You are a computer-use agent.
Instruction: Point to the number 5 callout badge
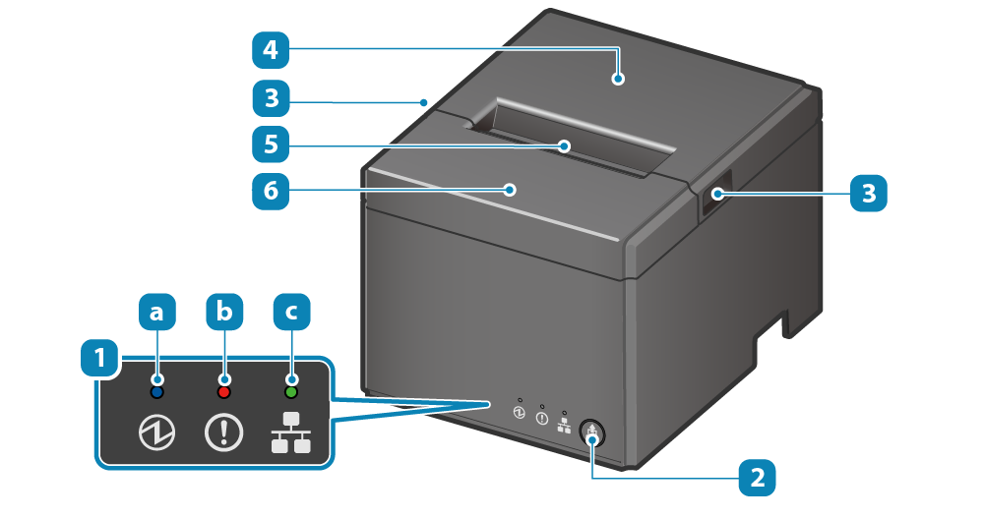click(270, 144)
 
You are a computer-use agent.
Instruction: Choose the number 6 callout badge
click(270, 191)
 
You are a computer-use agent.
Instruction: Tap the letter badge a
click(156, 313)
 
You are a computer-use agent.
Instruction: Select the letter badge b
click(224, 313)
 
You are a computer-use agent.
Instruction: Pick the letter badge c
click(291, 313)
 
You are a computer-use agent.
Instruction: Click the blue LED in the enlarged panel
click(156, 392)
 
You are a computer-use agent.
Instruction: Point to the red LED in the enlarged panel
click(224, 392)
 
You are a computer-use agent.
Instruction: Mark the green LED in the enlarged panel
click(291, 392)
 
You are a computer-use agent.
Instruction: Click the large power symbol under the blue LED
click(156, 433)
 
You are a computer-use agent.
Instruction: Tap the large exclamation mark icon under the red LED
click(224, 433)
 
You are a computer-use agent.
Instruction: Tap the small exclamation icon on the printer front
click(542, 418)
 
